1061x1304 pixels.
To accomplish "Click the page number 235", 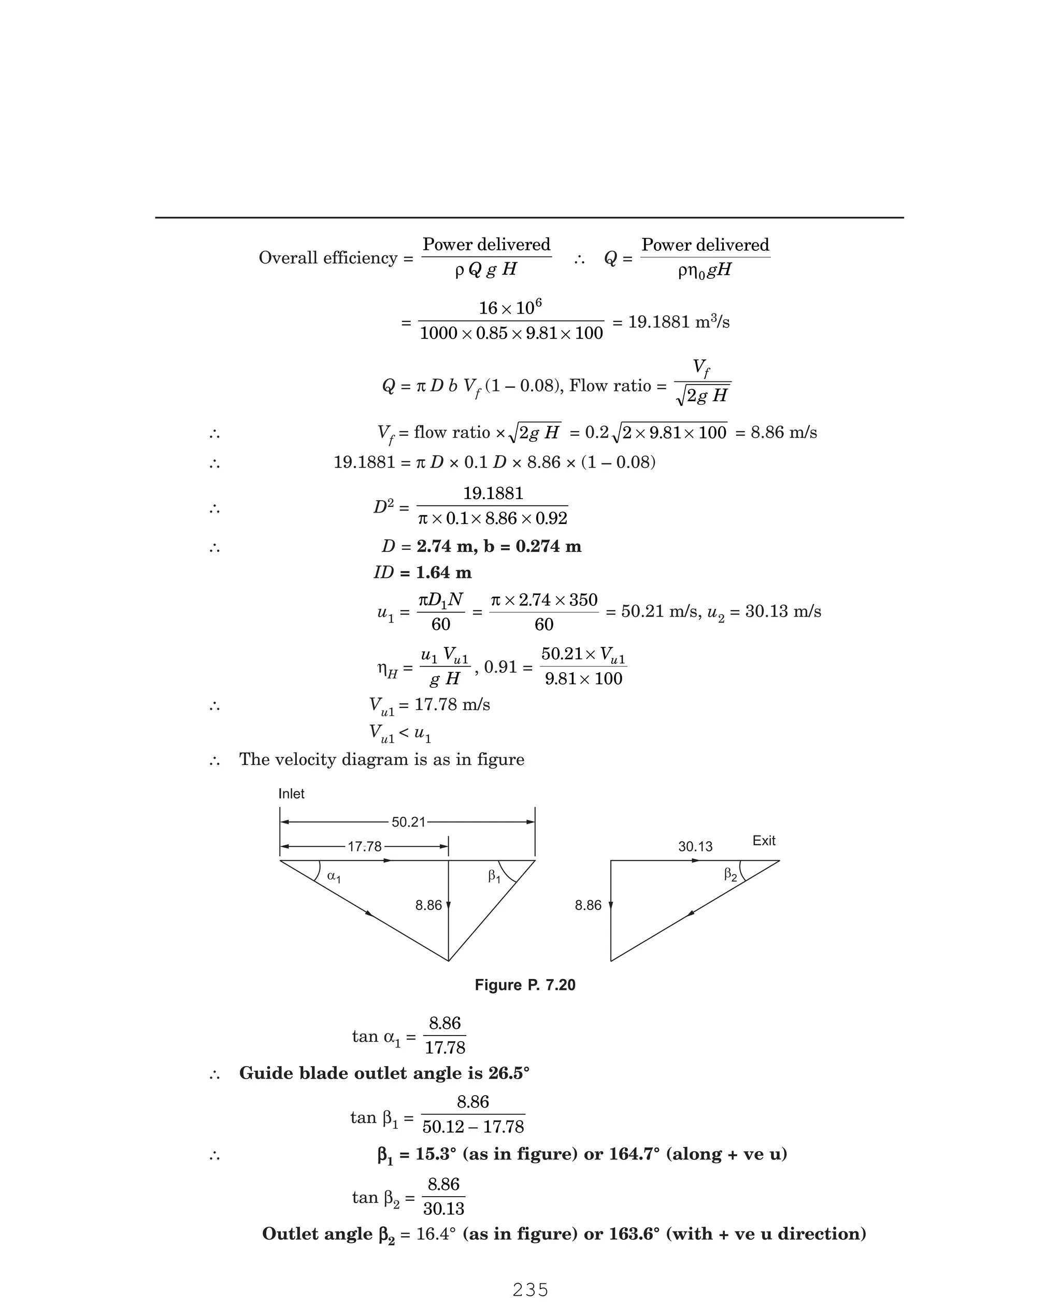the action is click(530, 1289).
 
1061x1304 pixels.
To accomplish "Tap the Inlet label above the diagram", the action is click(291, 793).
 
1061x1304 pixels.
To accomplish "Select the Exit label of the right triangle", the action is click(763, 841).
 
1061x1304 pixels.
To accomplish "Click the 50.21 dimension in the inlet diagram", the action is click(408, 823).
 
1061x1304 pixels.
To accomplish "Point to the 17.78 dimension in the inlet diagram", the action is click(364, 847).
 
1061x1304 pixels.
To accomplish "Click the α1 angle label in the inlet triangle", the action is click(334, 876).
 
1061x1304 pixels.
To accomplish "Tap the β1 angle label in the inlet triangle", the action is click(494, 876).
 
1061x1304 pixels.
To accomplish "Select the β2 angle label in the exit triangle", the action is click(730, 875).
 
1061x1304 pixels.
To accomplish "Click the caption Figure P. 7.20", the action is click(525, 985).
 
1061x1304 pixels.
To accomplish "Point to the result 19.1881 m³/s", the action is click(678, 321).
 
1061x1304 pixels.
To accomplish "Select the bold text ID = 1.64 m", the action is click(422, 573).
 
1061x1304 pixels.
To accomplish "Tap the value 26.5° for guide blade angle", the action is click(509, 1073).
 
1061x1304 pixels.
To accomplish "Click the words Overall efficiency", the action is click(329, 258).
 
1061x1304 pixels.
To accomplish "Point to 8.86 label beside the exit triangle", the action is click(588, 905).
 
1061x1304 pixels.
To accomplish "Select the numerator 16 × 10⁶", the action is click(510, 307).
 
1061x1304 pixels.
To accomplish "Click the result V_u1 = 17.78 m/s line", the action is click(429, 705).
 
